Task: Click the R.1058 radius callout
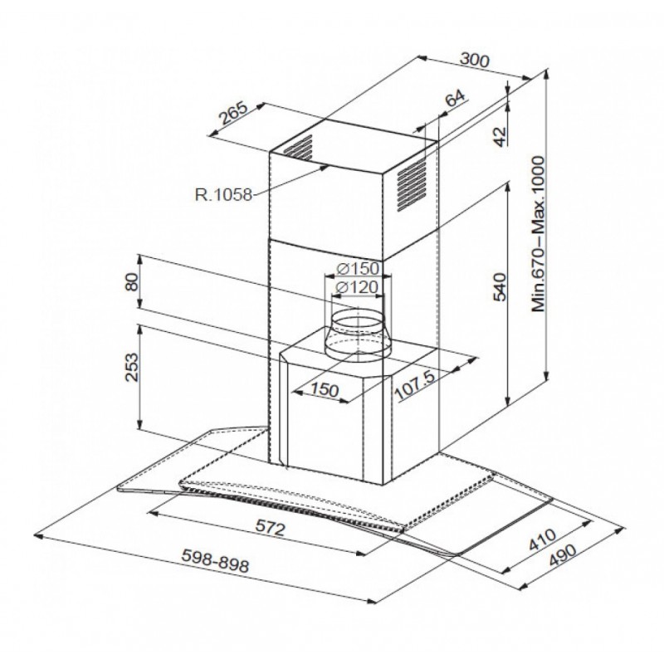(x=221, y=196)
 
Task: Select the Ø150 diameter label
(x=359, y=269)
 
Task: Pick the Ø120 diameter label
(x=359, y=288)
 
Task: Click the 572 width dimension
(x=270, y=527)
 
